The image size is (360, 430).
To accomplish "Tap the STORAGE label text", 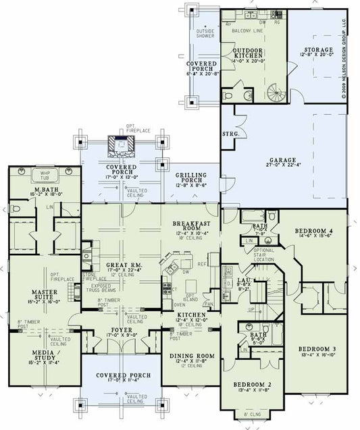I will coord(317,50).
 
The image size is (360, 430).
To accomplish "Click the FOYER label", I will coord(122,330).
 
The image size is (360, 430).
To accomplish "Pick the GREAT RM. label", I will coord(122,265).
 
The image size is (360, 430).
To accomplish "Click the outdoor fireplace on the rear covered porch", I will coord(122,144).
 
